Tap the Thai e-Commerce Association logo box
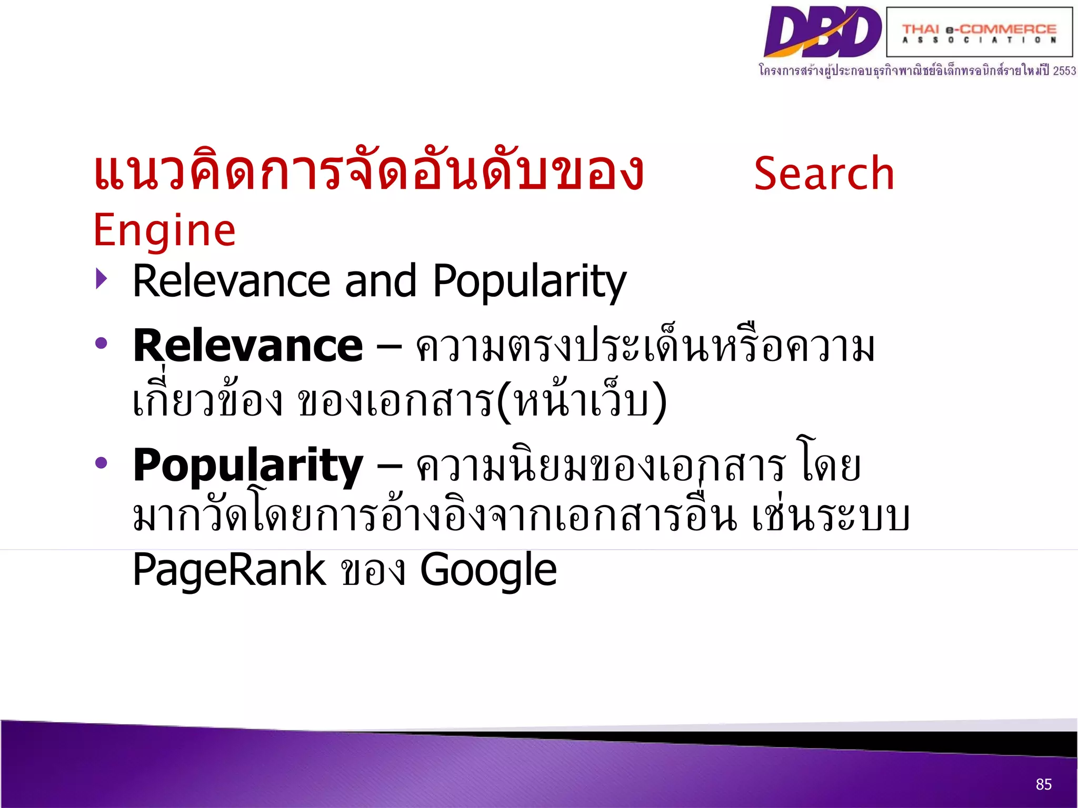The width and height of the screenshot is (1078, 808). point(979,32)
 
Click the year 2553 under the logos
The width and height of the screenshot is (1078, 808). point(1064,70)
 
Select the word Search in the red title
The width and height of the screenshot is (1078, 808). point(824,174)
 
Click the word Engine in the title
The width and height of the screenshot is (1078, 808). point(164,230)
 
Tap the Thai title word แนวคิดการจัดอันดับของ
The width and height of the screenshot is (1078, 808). point(368,171)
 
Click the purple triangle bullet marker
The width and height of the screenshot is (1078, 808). point(102,279)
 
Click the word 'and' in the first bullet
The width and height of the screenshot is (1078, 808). point(381,281)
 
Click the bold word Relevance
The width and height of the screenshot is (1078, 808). point(248,346)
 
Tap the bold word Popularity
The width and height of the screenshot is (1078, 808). point(248,466)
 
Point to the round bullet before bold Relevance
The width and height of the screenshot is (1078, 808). point(101,344)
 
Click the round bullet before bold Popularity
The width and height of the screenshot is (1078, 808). point(101,463)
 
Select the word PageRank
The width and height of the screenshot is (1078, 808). point(229,570)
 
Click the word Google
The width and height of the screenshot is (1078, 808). point(488,570)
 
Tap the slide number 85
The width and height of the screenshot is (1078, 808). point(1043,784)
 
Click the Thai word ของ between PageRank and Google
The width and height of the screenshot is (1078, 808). point(373,572)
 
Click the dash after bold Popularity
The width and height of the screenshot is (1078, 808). point(390,466)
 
